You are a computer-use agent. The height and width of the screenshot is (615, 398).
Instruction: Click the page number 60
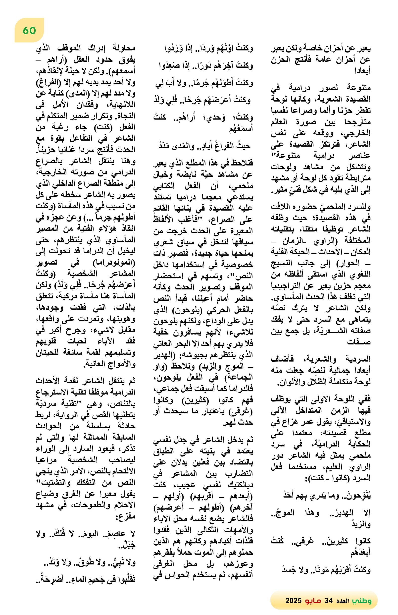pyautogui.click(x=29, y=31)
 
